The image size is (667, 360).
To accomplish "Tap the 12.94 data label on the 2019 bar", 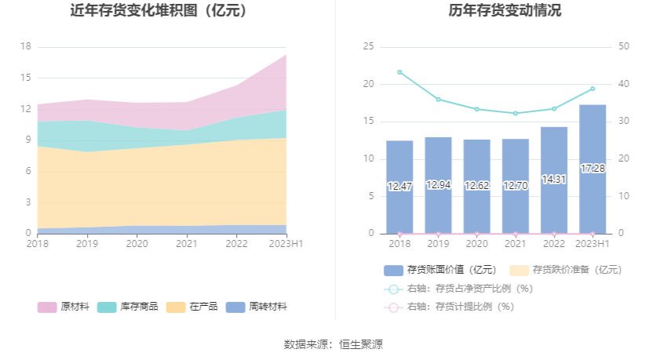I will pyautogui.click(x=438, y=185).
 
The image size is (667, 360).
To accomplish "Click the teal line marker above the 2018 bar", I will pyautogui.click(x=399, y=72).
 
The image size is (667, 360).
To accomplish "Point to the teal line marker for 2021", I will pyautogui.click(x=516, y=114).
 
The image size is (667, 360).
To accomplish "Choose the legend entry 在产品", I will pyautogui.click(x=192, y=307).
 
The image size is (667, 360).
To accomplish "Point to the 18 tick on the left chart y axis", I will pyautogui.click(x=26, y=47).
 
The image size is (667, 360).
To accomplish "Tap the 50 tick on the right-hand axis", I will pyautogui.click(x=624, y=47).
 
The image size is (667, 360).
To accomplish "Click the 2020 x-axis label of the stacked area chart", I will pyautogui.click(x=137, y=244).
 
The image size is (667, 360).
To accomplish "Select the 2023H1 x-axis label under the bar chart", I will pyautogui.click(x=592, y=244).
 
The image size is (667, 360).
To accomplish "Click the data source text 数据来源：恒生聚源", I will pyautogui.click(x=333, y=344).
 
